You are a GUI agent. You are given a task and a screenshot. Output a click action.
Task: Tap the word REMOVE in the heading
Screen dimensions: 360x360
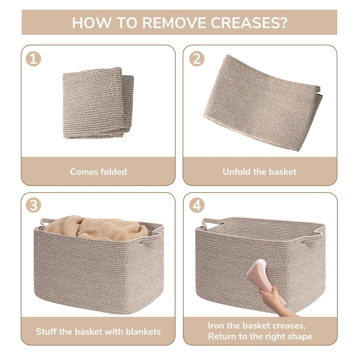pos(174,23)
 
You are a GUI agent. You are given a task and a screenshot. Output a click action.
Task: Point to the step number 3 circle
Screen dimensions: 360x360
pos(33,205)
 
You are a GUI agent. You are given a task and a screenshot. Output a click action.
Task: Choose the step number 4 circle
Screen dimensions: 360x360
pos(197,205)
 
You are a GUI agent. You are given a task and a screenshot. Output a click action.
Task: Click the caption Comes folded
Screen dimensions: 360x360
pos(98,172)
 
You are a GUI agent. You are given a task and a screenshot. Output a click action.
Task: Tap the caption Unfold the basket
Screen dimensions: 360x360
pos(260,172)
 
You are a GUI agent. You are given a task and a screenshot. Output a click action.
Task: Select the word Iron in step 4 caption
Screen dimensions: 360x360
pos(216,325)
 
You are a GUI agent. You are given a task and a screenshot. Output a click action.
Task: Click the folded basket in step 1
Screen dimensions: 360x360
pos(98,103)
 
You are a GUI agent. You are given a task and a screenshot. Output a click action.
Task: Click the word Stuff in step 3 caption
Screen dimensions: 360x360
pos(46,332)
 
